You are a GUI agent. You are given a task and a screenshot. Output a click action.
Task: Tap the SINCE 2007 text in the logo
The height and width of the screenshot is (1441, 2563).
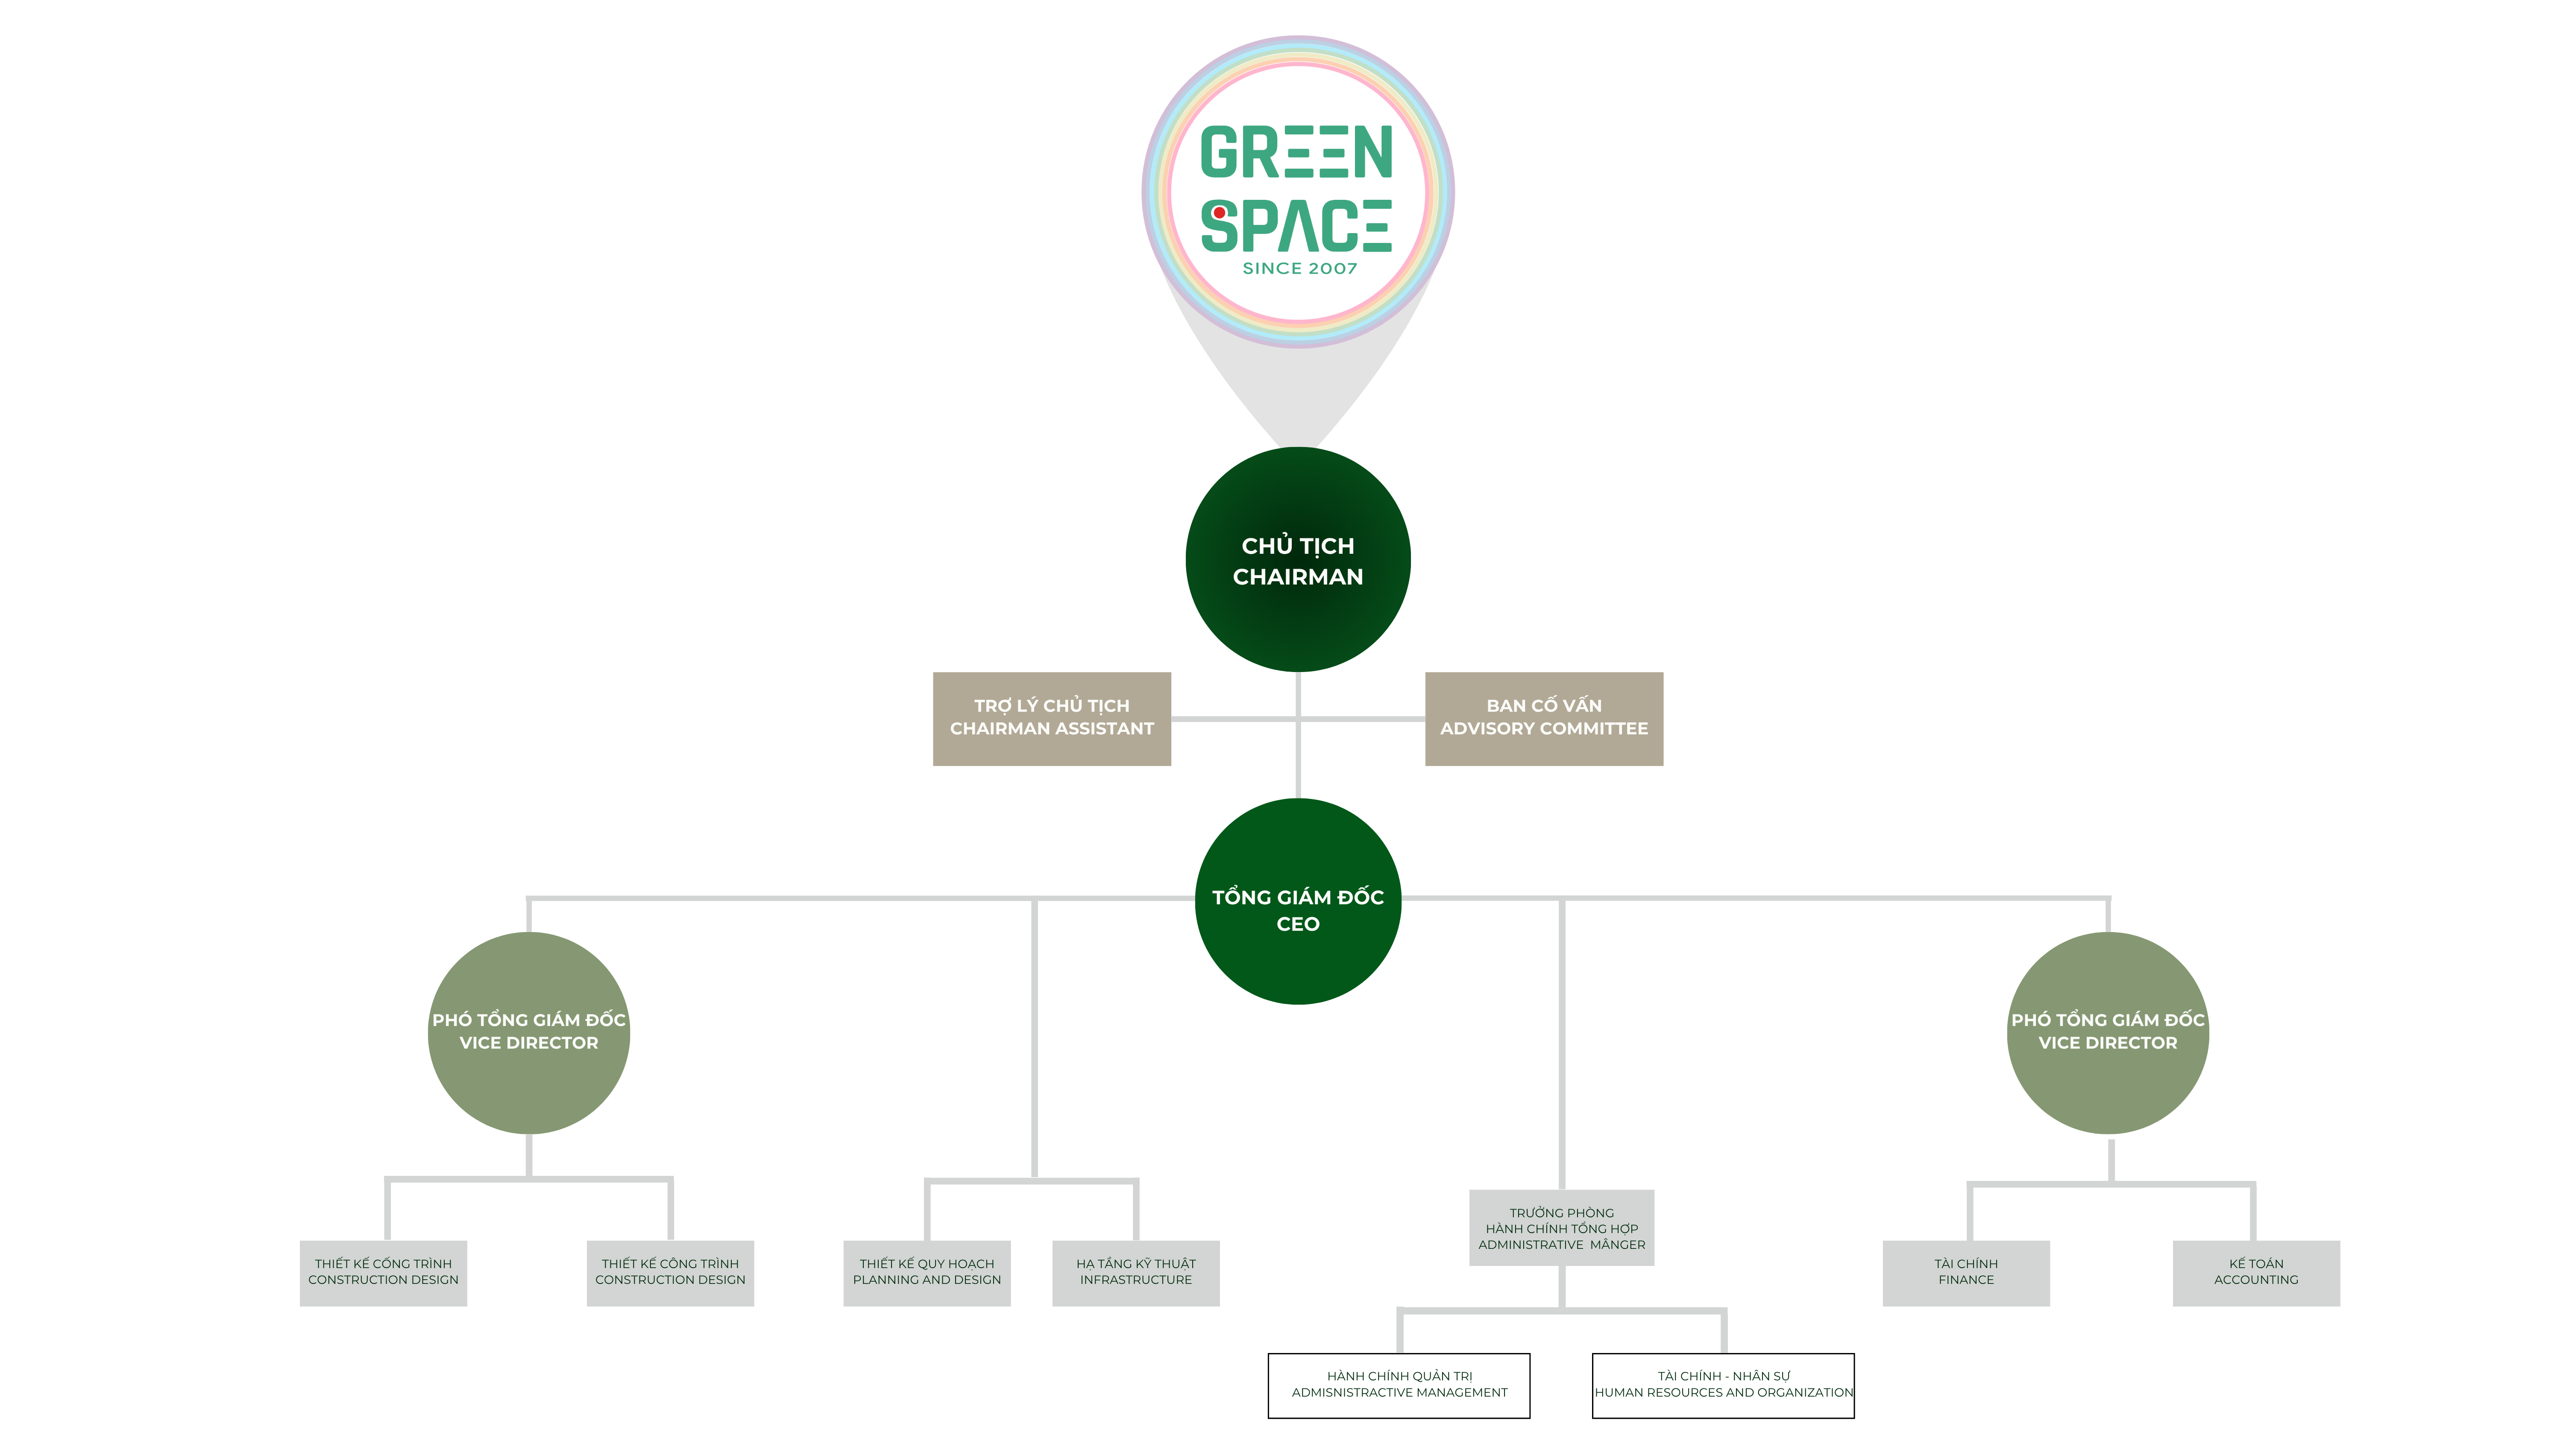pyautogui.click(x=1299, y=269)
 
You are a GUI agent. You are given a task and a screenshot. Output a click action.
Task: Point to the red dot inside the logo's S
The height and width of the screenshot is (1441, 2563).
pyautogui.click(x=1219, y=212)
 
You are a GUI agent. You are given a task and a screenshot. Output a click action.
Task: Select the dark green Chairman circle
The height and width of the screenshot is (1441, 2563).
pyautogui.click(x=1297, y=617)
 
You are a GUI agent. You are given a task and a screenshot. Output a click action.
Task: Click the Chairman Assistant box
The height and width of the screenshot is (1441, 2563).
pyautogui.click(x=1052, y=718)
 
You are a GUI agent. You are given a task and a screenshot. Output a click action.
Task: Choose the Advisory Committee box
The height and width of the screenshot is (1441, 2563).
pyautogui.click(x=1543, y=718)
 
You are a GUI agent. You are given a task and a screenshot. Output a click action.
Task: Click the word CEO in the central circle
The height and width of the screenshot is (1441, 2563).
pyautogui.click(x=1297, y=924)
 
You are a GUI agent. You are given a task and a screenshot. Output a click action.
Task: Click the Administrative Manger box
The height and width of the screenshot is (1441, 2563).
pyautogui.click(x=1561, y=1228)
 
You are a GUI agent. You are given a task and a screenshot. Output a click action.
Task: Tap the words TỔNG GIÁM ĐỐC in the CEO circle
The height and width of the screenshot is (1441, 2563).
pyautogui.click(x=1297, y=897)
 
